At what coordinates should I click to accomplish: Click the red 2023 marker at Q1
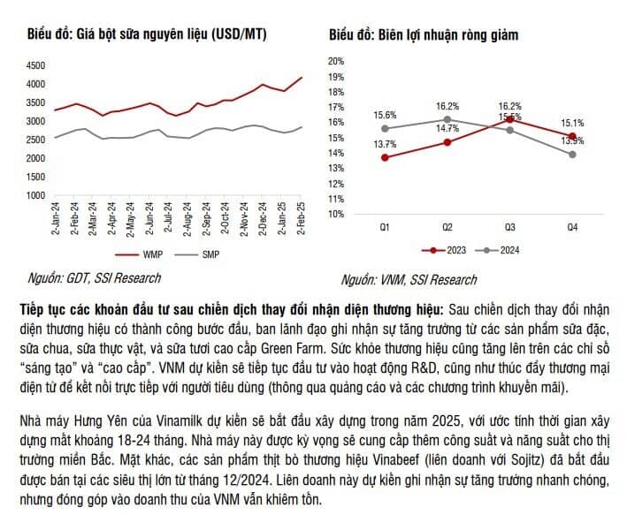pos(385,157)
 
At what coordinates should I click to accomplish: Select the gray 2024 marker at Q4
pos(572,154)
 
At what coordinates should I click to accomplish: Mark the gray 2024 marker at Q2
pos(447,119)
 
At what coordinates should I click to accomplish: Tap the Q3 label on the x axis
pos(510,228)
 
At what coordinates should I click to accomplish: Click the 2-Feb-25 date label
pos(302,219)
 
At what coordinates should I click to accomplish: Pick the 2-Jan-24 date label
pos(56,219)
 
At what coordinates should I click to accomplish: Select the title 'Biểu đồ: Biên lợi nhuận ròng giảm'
pos(423,35)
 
